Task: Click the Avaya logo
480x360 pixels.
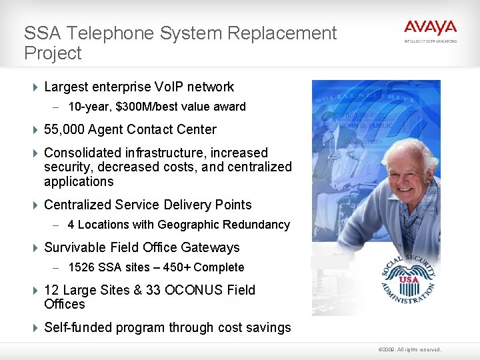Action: (430, 29)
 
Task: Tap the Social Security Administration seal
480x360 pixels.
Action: (409, 279)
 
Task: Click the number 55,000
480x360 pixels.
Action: (64, 129)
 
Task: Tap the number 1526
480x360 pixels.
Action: (81, 267)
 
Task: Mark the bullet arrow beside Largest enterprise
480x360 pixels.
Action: (35, 87)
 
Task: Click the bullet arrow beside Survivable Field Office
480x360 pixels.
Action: (35, 247)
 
